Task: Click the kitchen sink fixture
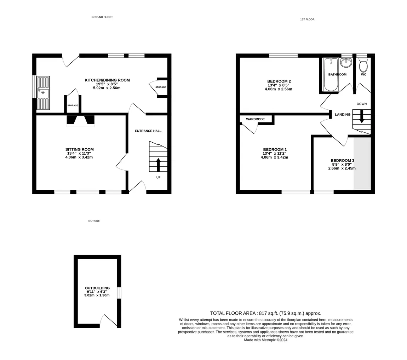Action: [x=43, y=93]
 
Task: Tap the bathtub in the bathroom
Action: [x=331, y=74]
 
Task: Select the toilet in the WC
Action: [x=363, y=65]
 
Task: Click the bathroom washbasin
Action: [x=346, y=62]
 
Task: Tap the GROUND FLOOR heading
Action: [x=102, y=17]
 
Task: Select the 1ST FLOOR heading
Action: [x=307, y=19]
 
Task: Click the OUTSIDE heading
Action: [x=94, y=221]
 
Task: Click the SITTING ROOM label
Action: [x=79, y=149]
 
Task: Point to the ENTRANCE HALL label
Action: [x=148, y=131]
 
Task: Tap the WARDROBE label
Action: [x=256, y=119]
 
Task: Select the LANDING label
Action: [x=343, y=115]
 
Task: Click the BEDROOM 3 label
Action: [x=342, y=161]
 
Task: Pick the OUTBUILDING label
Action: [x=97, y=288]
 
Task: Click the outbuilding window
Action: [x=119, y=293]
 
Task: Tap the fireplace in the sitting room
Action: [x=80, y=120]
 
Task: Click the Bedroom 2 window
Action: [x=283, y=56]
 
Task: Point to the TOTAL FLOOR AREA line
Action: [x=265, y=314]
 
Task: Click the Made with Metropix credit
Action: [x=265, y=340]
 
